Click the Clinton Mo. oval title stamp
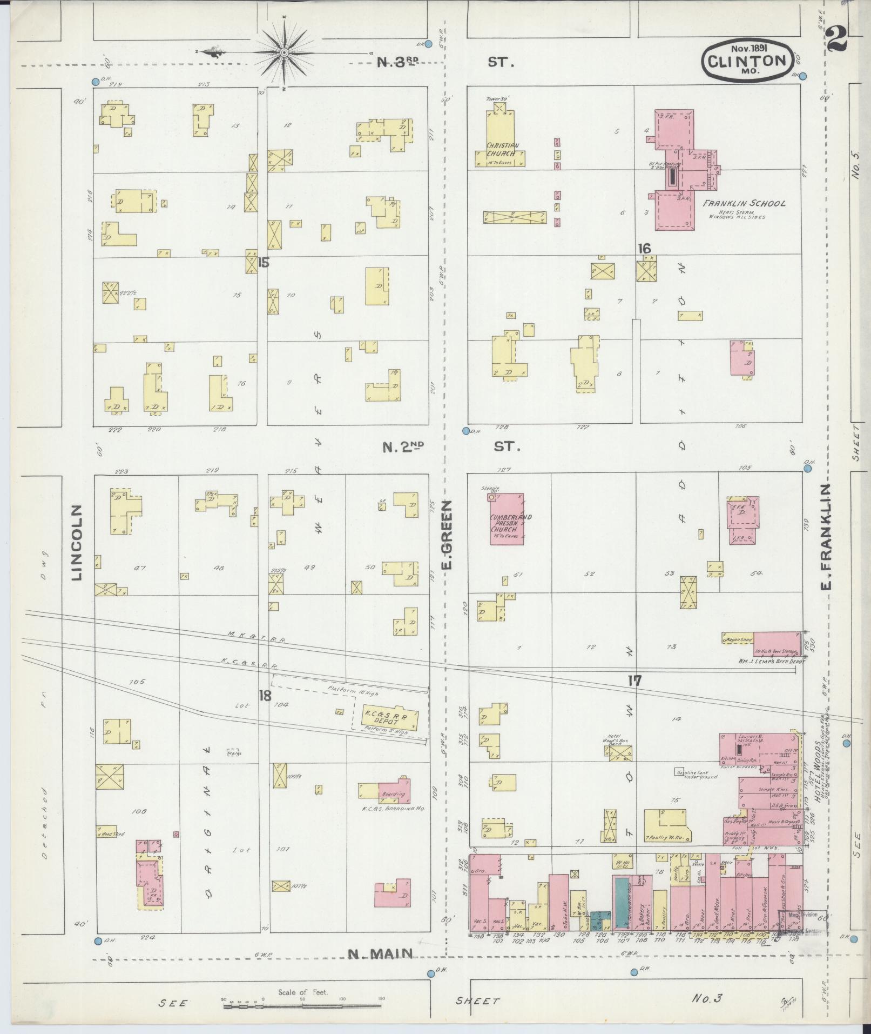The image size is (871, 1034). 747,60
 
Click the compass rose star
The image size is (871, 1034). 283,52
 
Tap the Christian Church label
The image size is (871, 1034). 502,149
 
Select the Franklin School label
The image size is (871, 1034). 744,203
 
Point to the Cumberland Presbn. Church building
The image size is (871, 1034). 507,518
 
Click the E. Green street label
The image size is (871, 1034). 447,535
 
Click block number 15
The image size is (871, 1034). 264,263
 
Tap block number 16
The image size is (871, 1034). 644,249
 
